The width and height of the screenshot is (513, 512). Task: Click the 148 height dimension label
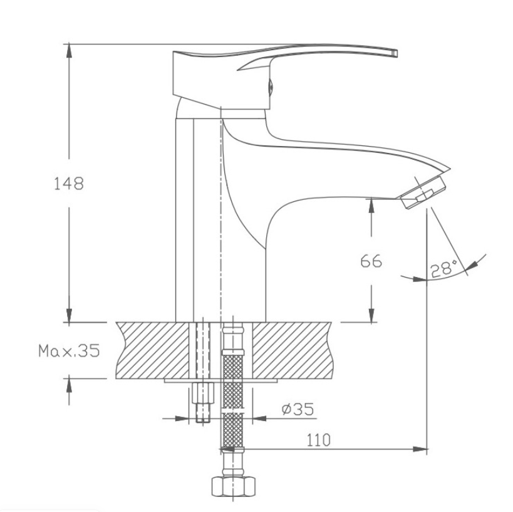[69, 184]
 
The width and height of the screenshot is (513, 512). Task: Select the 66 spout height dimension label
[371, 261]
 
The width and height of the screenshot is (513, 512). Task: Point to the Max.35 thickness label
[69, 351]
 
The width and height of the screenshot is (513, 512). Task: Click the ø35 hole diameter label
[298, 409]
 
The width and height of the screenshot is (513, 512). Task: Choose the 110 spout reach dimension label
[318, 441]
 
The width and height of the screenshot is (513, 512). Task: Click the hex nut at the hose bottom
[233, 486]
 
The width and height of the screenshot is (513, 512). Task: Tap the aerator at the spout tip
[423, 192]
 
